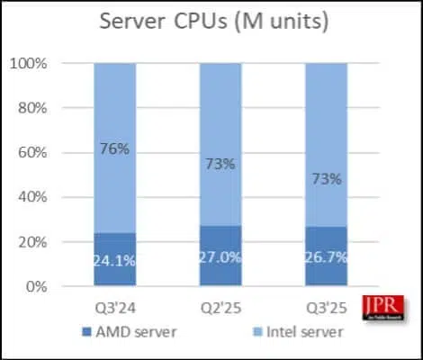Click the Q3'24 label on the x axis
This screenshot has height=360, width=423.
point(115,306)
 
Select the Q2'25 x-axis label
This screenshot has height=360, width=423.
point(220,306)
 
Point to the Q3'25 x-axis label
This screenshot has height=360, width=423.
point(326,306)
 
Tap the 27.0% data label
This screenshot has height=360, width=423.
point(220,256)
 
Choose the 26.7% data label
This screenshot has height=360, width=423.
point(326,257)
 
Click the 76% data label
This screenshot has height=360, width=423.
point(115,148)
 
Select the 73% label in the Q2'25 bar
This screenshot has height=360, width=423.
point(220,164)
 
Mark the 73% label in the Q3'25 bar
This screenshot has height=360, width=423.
point(326,179)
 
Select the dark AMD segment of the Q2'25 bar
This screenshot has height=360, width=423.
point(220,270)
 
